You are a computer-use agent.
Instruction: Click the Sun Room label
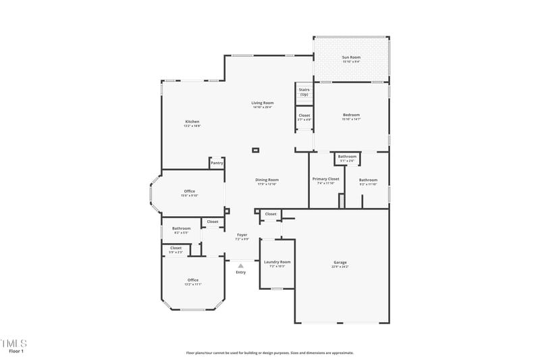[x=350, y=57]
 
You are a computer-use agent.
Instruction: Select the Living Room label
[x=263, y=103]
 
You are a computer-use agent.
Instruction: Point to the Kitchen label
[x=192, y=122]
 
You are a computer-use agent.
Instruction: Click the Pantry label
[x=217, y=163]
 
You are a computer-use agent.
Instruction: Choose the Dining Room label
[x=267, y=180]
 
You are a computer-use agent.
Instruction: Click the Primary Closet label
[x=326, y=179]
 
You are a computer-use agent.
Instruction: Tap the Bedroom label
[x=351, y=115]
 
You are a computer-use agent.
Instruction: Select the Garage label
[x=340, y=262]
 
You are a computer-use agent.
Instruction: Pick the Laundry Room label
[x=277, y=261]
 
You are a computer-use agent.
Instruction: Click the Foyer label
[x=242, y=234]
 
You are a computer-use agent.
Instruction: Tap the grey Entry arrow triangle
[x=240, y=265]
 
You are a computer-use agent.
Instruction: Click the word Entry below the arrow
[x=241, y=272]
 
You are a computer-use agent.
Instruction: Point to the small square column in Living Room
[x=255, y=150]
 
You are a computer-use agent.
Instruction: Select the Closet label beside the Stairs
[x=304, y=115]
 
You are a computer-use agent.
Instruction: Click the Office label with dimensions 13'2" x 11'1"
[x=193, y=280]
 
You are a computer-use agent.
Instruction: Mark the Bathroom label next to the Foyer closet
[x=181, y=228]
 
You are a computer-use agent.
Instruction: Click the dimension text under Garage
[x=340, y=267]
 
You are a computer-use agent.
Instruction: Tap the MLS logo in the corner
[x=13, y=343]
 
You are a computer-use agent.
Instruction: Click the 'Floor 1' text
[x=16, y=351]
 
